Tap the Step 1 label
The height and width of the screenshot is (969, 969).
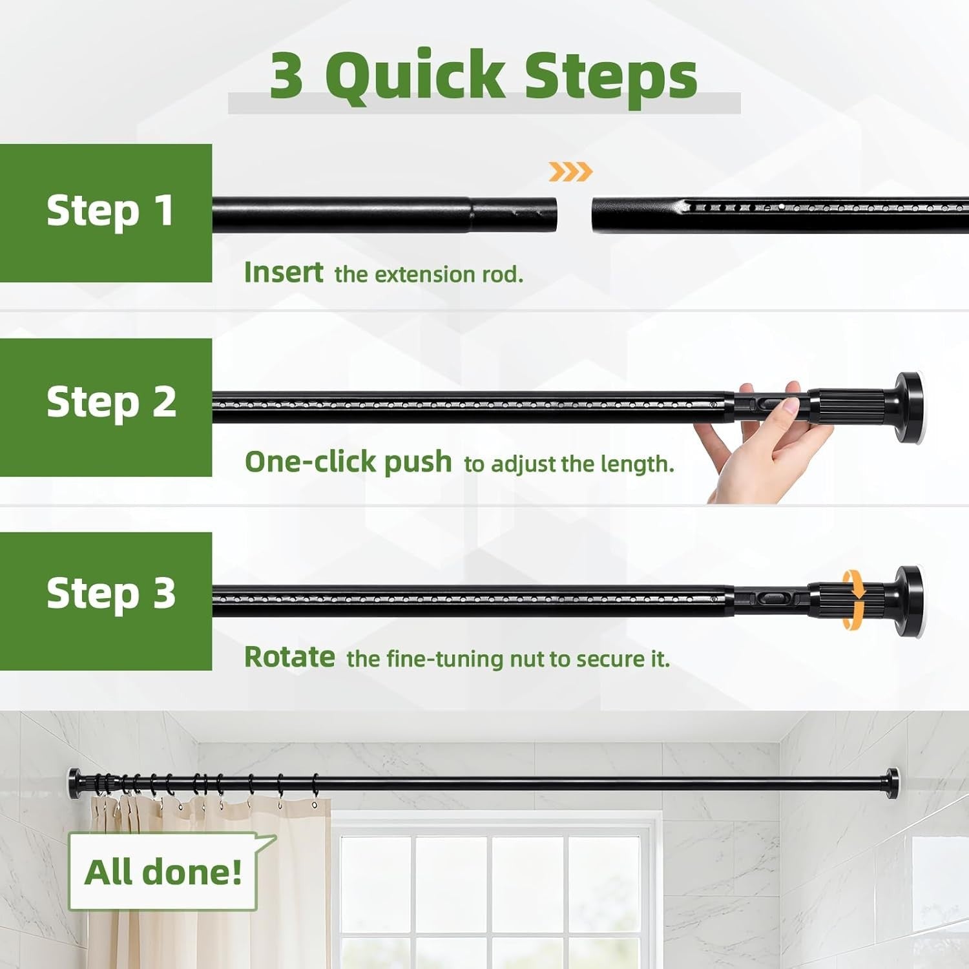(x=110, y=211)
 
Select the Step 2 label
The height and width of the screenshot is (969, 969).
(x=112, y=403)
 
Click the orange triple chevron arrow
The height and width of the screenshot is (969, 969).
(x=570, y=172)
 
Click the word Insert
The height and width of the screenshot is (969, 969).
(x=284, y=273)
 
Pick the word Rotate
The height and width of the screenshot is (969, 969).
(x=289, y=657)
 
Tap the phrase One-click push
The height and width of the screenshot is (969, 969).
(x=348, y=463)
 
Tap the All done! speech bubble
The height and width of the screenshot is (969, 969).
(x=163, y=871)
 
